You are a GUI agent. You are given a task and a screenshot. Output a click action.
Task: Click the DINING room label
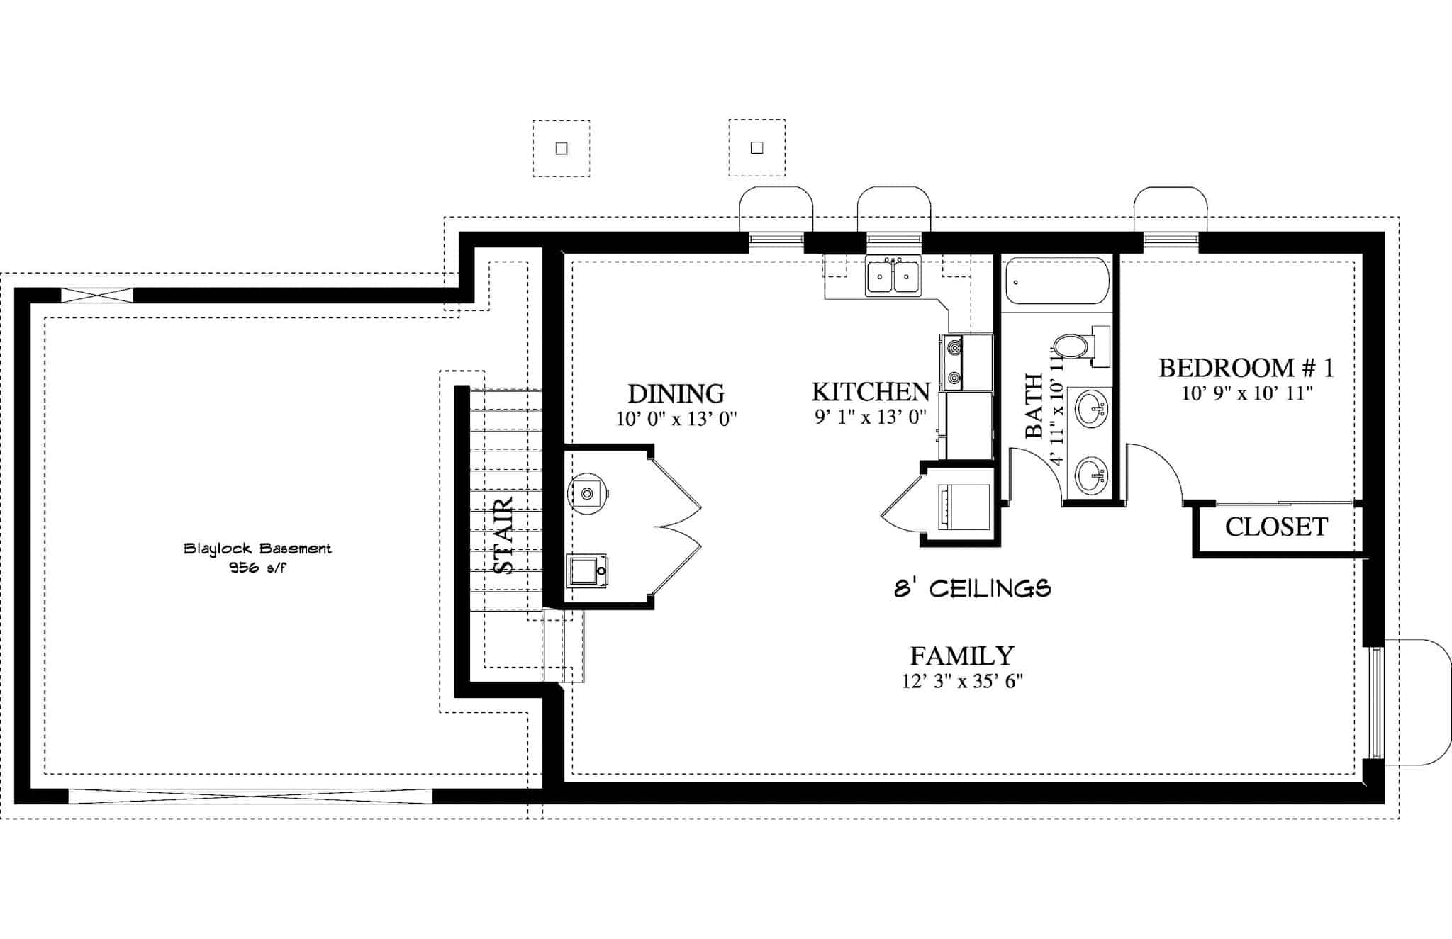[676, 393]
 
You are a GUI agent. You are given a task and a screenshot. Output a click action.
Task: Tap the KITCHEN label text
[870, 392]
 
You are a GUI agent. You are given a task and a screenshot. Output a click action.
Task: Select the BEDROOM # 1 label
[1246, 368]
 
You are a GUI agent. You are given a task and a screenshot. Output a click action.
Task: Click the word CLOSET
[1276, 527]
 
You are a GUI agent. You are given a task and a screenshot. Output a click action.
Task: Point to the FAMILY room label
[961, 656]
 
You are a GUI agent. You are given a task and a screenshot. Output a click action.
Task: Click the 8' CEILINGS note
[972, 588]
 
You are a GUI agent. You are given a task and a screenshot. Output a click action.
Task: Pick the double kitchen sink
[893, 276]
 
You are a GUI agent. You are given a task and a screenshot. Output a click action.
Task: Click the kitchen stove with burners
[954, 363]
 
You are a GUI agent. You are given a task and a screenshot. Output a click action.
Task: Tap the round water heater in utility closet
[588, 493]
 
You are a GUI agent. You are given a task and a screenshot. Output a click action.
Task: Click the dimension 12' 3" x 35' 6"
[961, 682]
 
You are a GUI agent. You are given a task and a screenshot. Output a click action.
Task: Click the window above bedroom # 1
[1170, 240]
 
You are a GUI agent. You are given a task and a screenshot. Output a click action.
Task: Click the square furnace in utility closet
[588, 570]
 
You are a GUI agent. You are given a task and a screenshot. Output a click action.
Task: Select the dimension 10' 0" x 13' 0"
[676, 419]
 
